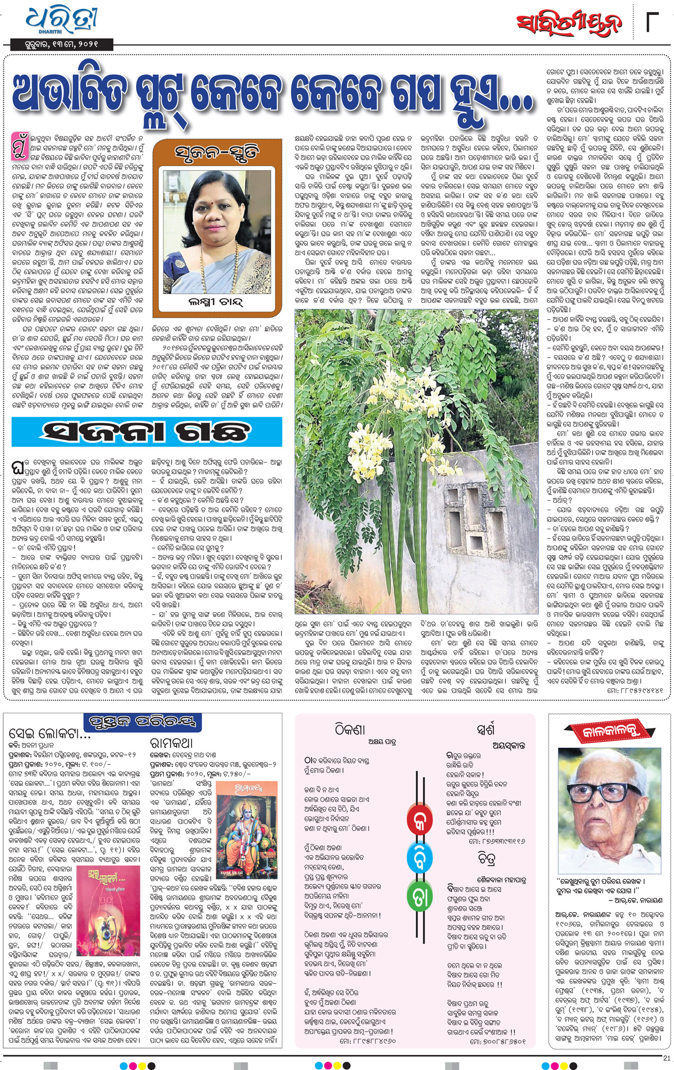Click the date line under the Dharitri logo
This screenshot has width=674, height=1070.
(x=55, y=44)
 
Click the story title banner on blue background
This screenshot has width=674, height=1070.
(x=147, y=431)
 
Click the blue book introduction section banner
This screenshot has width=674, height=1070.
(x=143, y=723)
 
